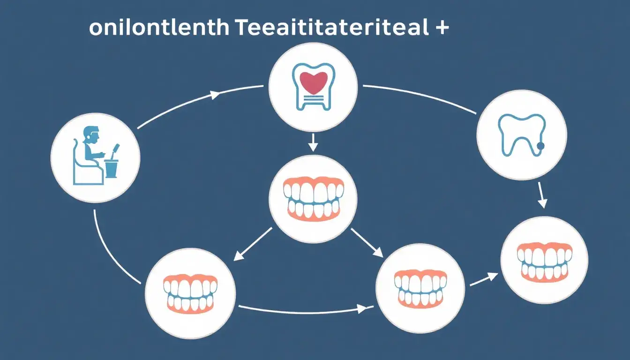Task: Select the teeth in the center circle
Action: point(313,198)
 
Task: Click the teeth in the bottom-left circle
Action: point(190,293)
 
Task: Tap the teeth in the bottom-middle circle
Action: point(420,288)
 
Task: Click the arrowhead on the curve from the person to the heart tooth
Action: point(215,95)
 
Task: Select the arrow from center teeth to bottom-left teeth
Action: point(253,244)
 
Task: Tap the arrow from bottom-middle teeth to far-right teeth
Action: point(483,279)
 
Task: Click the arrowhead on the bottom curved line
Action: point(362,309)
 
